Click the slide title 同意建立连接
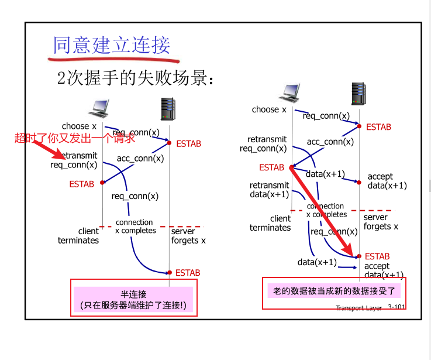click(111, 44)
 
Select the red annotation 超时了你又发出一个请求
click(74, 139)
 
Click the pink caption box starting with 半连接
click(133, 300)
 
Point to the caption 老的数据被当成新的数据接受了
click(335, 290)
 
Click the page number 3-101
click(396, 307)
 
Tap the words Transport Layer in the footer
click(358, 307)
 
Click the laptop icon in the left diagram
click(98, 107)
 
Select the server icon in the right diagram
click(359, 93)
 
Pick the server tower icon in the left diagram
click(168, 109)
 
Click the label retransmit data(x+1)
click(270, 190)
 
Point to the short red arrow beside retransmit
click(54, 152)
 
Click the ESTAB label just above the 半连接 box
click(188, 273)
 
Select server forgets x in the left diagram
click(188, 236)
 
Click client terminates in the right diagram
click(270, 223)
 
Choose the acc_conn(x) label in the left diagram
click(140, 158)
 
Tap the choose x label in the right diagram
click(269, 109)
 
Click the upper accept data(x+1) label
click(387, 181)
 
